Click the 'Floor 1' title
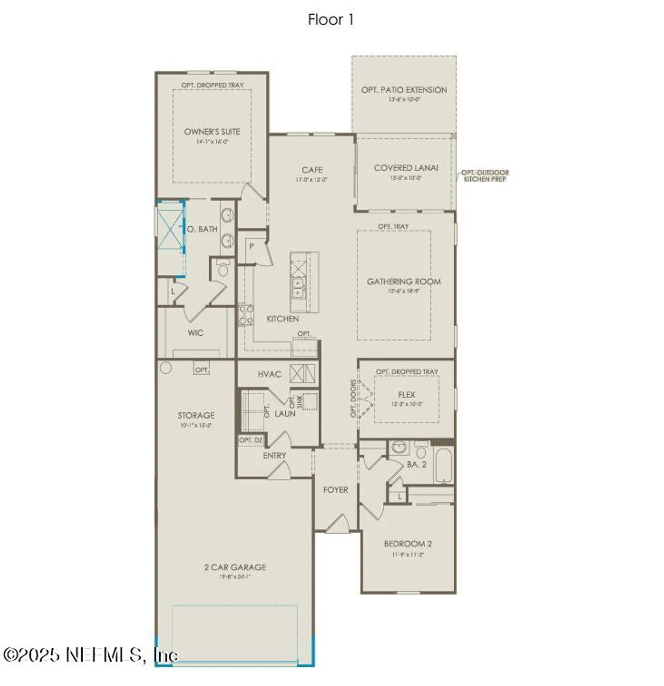[331, 20]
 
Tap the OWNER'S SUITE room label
[212, 132]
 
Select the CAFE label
[312, 170]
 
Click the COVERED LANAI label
[406, 168]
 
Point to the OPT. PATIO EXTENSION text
[404, 90]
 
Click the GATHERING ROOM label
[404, 282]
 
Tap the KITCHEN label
[283, 319]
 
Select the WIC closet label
[195, 333]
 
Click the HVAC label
[269, 374]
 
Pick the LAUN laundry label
[284, 413]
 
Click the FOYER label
[335, 490]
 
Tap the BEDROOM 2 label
[407, 544]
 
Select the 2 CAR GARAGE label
[235, 567]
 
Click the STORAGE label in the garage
[196, 415]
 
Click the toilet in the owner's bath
[223, 269]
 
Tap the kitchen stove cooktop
[246, 315]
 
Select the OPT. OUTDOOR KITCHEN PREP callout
[485, 176]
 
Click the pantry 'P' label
[251, 247]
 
